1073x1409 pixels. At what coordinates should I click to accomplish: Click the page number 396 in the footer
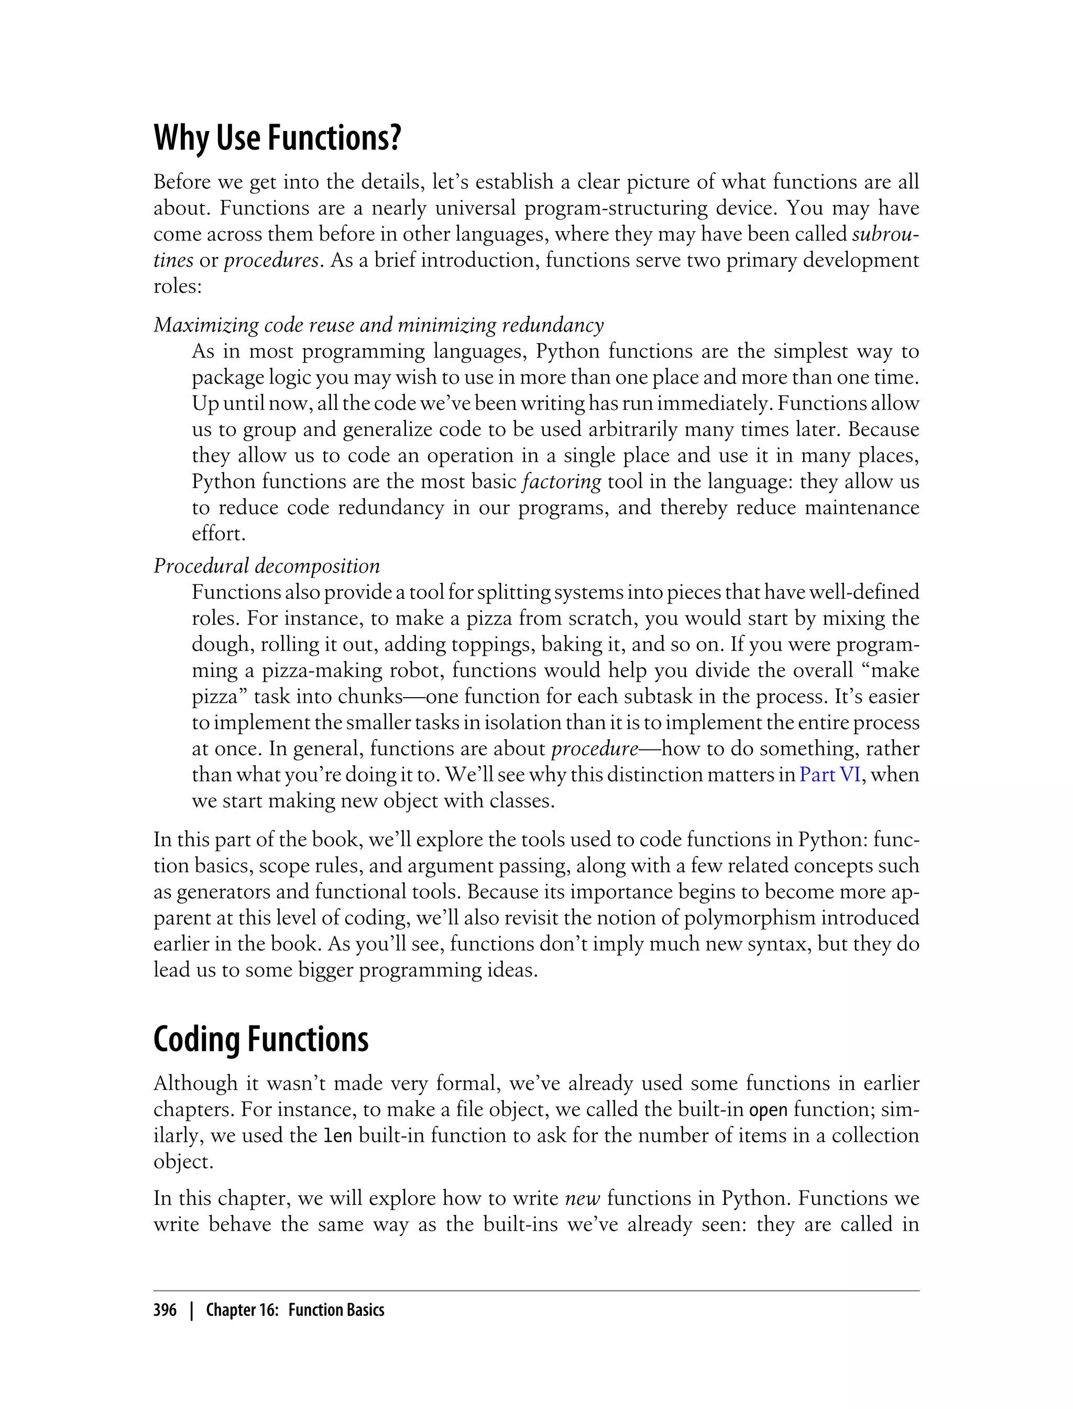[x=166, y=1310]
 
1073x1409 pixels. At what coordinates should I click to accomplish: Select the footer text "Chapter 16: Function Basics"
[x=295, y=1310]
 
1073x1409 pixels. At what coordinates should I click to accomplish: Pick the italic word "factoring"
[x=562, y=481]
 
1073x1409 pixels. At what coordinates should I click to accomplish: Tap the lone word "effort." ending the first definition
[x=218, y=534]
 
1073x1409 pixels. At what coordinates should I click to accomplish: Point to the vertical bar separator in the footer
[x=191, y=1310]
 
